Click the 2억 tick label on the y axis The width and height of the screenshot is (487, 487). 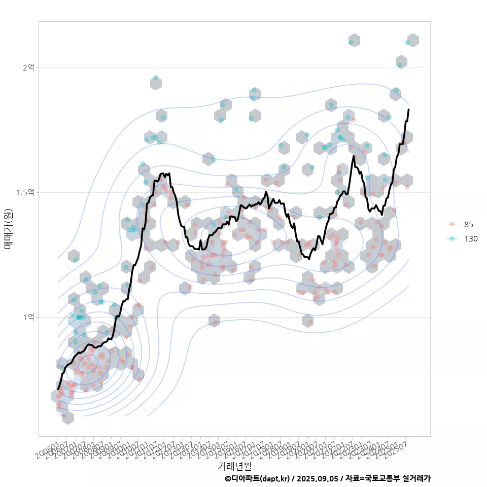(28, 67)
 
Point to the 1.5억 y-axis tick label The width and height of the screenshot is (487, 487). (26, 192)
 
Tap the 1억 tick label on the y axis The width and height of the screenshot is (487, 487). (28, 317)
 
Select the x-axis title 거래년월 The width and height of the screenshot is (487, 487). (234, 466)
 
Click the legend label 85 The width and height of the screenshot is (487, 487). (468, 224)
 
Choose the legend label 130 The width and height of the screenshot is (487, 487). (471, 238)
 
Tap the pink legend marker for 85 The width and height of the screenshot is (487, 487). (451, 224)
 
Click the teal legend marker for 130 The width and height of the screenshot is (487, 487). (451, 238)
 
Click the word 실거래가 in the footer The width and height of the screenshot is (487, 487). (416, 478)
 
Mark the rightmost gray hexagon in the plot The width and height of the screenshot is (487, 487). (413, 41)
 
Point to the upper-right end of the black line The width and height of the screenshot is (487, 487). (408, 110)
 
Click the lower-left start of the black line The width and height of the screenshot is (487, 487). (58, 389)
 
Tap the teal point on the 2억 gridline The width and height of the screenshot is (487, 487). (400, 65)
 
